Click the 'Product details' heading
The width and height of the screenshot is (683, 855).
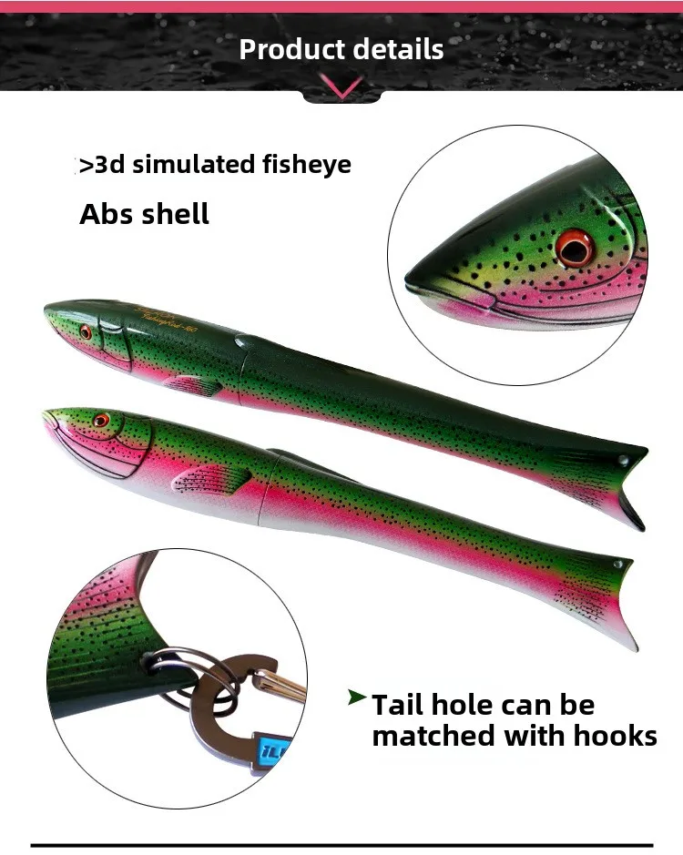(341, 48)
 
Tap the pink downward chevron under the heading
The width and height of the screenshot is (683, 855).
(341, 87)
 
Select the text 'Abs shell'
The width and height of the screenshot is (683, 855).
(144, 214)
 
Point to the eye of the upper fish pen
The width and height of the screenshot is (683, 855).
(86, 332)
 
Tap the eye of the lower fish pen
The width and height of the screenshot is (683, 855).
(100, 421)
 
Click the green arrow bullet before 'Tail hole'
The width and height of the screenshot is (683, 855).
(357, 698)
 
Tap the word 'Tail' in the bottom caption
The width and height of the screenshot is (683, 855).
(400, 705)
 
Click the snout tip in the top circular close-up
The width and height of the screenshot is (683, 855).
(411, 278)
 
